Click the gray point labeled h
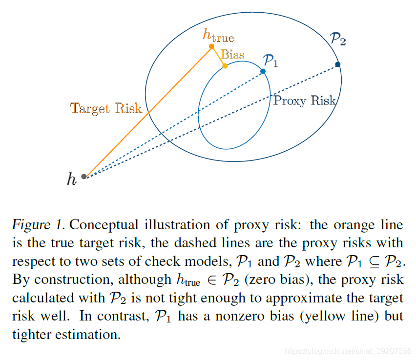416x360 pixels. coord(84,176)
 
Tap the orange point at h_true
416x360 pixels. coord(211,46)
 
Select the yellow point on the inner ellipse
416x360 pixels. coord(225,66)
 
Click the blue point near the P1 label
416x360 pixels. coord(263,71)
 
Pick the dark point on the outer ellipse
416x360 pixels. coord(338,64)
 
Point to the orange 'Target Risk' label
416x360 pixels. coord(106,108)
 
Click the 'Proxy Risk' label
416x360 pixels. coord(304,101)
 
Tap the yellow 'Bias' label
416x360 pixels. coord(232,54)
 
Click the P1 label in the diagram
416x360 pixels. coord(270,60)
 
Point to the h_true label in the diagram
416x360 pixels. coord(218,35)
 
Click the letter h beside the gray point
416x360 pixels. coord(72,180)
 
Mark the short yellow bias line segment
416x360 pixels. coord(218,56)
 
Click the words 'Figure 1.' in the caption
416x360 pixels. coord(39,225)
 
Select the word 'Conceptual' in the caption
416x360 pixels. coord(104,225)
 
